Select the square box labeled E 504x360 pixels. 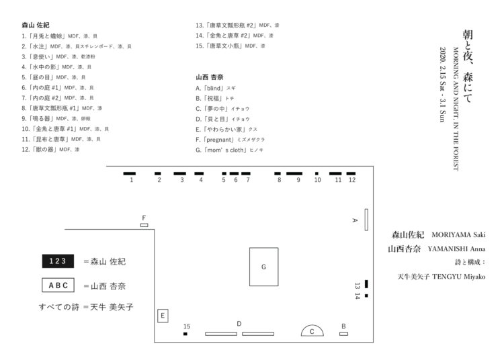tap(163, 316)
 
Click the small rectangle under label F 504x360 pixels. tap(144, 225)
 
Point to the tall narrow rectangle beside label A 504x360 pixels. tap(366, 220)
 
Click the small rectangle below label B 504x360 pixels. tap(343, 333)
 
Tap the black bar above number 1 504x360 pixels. tap(130, 173)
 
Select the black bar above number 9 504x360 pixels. tap(294, 173)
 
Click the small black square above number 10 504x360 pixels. tap(317, 173)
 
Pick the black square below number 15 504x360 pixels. tap(185, 333)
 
